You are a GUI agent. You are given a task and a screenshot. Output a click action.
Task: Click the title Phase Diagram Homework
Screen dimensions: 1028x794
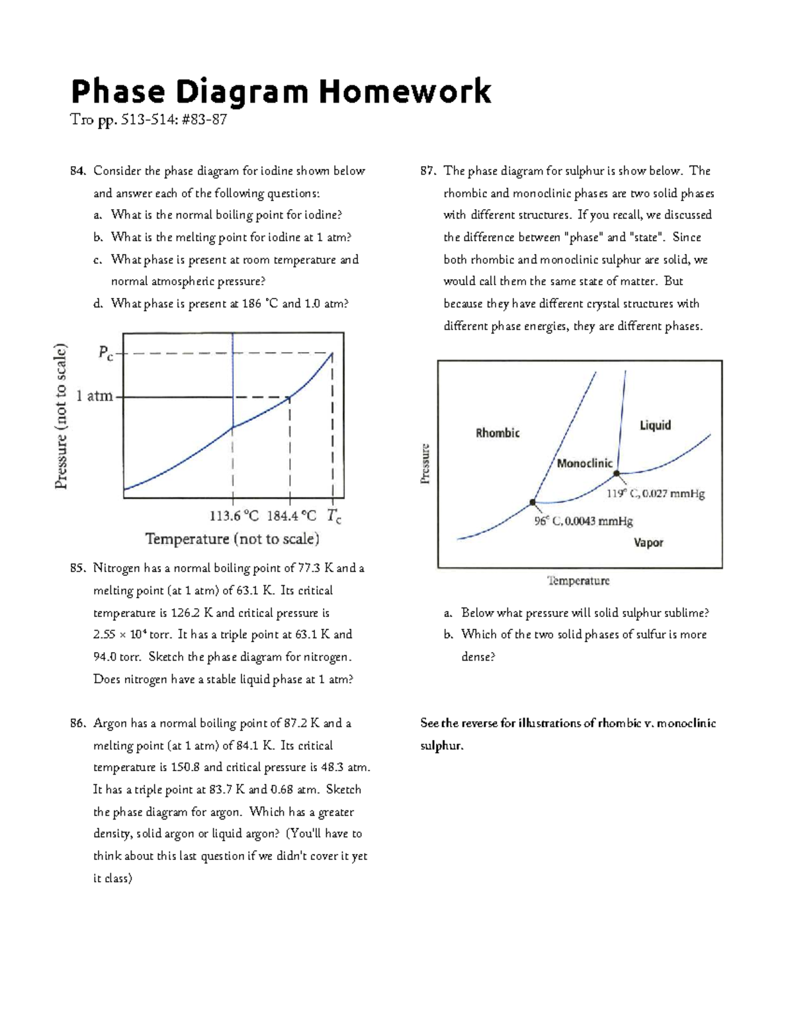click(281, 91)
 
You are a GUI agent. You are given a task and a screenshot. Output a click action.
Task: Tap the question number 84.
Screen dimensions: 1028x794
click(78, 171)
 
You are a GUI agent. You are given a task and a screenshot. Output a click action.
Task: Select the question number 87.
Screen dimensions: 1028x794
click(428, 171)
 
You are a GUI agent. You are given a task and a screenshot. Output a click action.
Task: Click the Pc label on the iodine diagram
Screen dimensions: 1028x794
click(105, 353)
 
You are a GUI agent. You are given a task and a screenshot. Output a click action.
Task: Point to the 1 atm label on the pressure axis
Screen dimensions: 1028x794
click(95, 397)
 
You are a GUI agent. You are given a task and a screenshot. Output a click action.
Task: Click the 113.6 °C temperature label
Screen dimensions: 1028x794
click(234, 516)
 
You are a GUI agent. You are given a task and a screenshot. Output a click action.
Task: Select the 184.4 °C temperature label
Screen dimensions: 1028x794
click(291, 516)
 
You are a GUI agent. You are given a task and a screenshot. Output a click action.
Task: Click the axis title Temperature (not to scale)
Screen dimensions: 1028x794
click(232, 539)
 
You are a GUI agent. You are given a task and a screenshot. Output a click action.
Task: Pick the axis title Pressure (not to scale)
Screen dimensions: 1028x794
click(61, 416)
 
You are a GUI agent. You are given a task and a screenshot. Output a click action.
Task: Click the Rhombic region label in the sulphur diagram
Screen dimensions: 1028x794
click(498, 433)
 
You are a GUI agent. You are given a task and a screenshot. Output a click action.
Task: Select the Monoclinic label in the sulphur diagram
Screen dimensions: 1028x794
click(584, 463)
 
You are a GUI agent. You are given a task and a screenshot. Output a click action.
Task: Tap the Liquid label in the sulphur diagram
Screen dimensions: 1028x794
click(655, 425)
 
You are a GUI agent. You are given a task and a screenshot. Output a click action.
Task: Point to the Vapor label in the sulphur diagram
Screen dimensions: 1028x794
click(648, 543)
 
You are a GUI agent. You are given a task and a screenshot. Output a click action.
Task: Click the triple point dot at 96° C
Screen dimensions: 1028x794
click(533, 502)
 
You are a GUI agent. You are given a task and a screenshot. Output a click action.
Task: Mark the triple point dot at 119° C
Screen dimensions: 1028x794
click(617, 473)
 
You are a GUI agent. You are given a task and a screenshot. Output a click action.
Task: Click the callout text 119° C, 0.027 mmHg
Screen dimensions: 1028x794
click(656, 493)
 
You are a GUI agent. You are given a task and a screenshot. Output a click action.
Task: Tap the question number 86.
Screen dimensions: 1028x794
click(78, 723)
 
